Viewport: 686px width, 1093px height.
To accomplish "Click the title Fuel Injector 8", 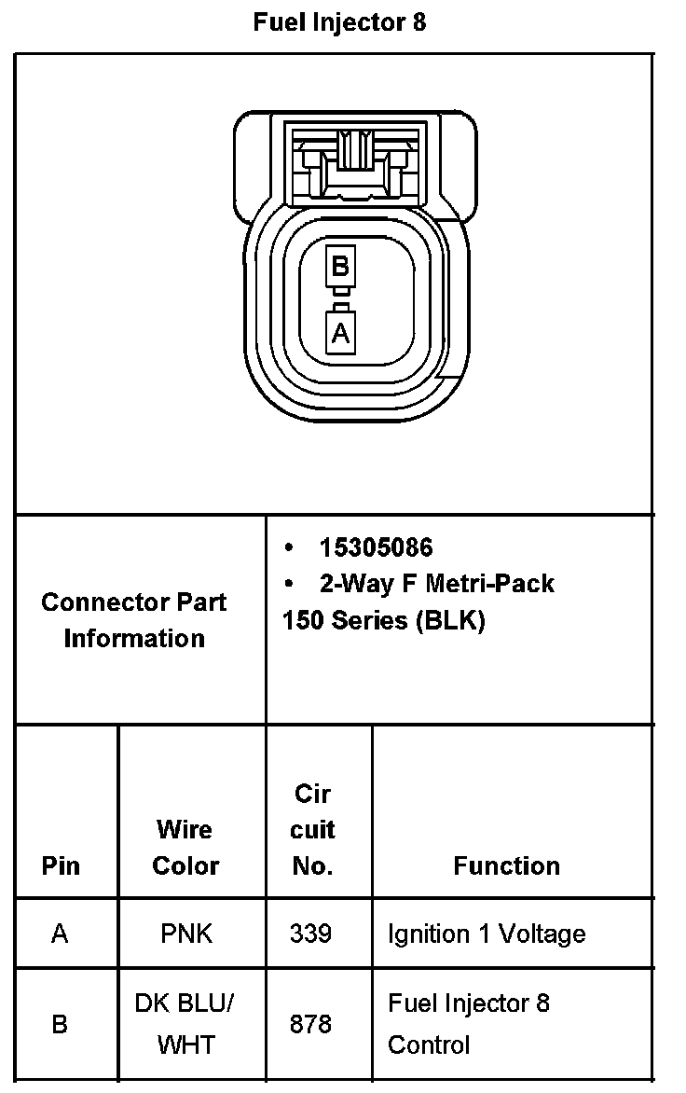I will [339, 22].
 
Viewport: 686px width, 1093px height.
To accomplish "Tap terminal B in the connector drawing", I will [340, 267].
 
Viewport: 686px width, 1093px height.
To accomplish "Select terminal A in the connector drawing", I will [340, 333].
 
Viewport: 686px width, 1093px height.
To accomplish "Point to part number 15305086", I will [376, 547].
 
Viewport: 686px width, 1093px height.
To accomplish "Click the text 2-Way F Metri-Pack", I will [436, 584].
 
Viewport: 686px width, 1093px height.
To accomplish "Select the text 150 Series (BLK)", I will [383, 620].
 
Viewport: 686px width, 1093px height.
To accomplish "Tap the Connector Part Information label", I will [134, 620].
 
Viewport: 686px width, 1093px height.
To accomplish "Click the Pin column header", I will [60, 865].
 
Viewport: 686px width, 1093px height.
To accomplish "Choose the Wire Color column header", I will [185, 848].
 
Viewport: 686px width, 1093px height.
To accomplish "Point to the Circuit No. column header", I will [312, 830].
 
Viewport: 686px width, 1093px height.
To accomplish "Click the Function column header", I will [506, 865].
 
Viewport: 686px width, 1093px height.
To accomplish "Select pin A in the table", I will [60, 934].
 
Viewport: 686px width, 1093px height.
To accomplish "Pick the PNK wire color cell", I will [185, 934].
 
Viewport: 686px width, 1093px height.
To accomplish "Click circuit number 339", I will [310, 934].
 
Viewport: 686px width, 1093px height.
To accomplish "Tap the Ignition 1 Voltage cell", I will [487, 934].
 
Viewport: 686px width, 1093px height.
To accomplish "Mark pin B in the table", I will [60, 1024].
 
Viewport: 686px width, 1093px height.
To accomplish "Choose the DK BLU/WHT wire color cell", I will [185, 1024].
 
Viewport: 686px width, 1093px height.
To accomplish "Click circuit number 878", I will [310, 1024].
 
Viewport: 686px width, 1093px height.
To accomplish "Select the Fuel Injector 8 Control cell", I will [469, 1024].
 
